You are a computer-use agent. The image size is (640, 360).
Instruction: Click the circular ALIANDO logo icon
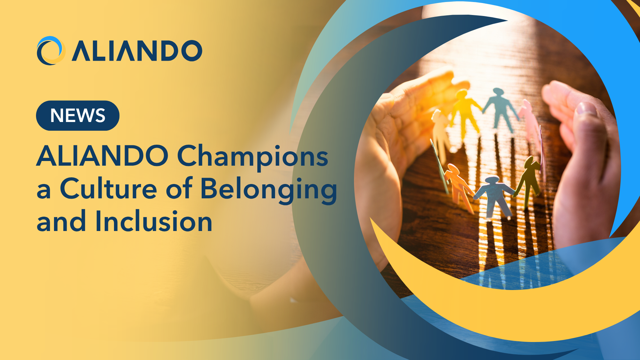51,50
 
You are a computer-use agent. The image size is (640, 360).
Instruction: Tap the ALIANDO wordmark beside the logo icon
137,51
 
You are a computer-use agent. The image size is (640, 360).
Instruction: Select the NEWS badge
78,115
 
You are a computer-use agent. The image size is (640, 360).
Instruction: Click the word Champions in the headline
252,157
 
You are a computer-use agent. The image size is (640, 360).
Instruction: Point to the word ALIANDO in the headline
103,156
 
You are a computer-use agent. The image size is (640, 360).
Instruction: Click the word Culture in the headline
108,188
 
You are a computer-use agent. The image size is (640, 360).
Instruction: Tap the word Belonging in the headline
269,190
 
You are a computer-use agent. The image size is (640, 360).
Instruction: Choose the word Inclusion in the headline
154,221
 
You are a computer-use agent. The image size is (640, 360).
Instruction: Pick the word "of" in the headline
179,188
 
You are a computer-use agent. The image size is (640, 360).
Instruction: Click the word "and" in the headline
61,221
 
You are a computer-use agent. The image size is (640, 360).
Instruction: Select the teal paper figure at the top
500,108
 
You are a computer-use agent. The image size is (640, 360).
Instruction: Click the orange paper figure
459,187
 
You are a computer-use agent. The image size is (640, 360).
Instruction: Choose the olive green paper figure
529,182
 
